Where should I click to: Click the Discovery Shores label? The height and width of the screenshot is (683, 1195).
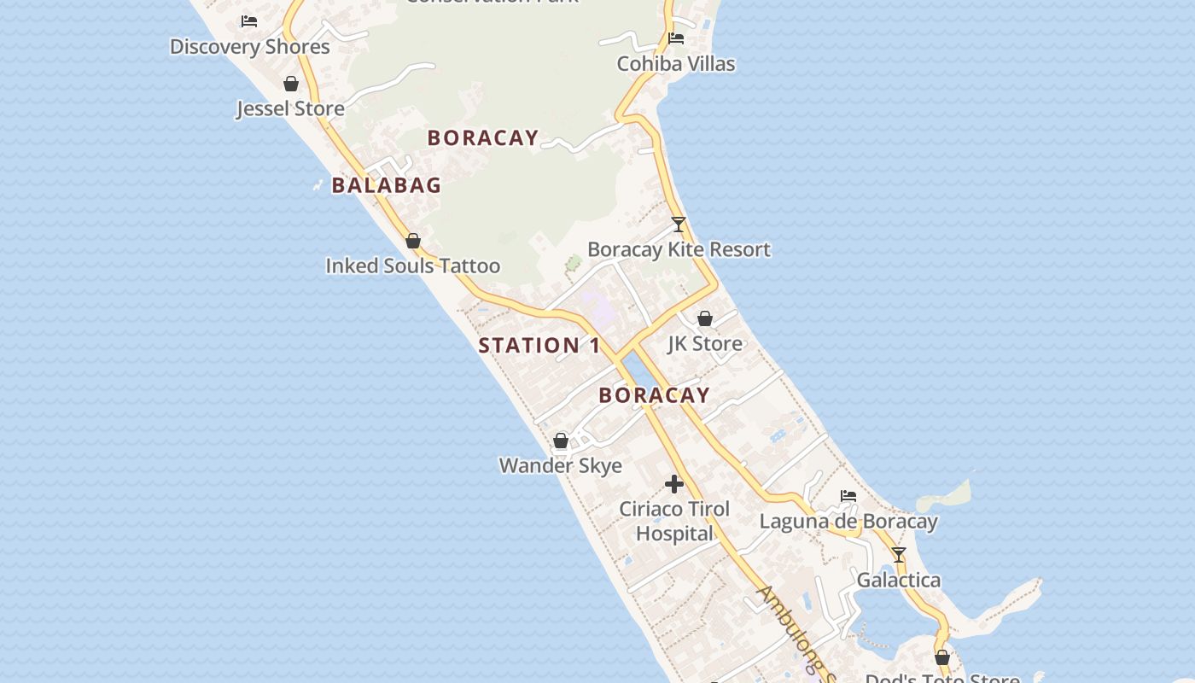pyautogui.click(x=249, y=47)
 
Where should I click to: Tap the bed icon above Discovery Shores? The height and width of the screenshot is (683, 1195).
pyautogui.click(x=249, y=20)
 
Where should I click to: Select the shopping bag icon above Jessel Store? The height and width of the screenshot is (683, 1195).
pyautogui.click(x=291, y=84)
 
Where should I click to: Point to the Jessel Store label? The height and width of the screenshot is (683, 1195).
pyautogui.click(x=290, y=109)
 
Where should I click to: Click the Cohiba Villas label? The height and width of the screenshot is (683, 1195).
pyautogui.click(x=676, y=64)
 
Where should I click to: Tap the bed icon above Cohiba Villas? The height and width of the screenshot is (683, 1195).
pyautogui.click(x=676, y=38)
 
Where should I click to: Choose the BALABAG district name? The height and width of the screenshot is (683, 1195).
pyautogui.click(x=387, y=185)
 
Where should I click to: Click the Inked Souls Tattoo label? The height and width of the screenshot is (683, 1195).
pyautogui.click(x=412, y=266)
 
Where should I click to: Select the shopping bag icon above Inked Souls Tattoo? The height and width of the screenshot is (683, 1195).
pyautogui.click(x=413, y=242)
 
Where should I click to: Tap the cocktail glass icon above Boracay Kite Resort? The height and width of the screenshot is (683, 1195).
pyautogui.click(x=679, y=225)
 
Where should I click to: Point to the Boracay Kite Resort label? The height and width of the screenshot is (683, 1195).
pyautogui.click(x=679, y=250)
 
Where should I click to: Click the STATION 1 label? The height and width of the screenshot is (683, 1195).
pyautogui.click(x=539, y=346)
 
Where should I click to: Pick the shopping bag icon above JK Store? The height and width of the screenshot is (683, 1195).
pyautogui.click(x=705, y=318)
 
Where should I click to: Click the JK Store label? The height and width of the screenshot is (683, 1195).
pyautogui.click(x=705, y=344)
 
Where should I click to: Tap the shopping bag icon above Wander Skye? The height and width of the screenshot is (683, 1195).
pyautogui.click(x=561, y=441)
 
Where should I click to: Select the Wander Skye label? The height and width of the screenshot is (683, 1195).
pyautogui.click(x=561, y=466)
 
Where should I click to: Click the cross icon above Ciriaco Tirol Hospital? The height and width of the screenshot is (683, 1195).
pyautogui.click(x=674, y=484)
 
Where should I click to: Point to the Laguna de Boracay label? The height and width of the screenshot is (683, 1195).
pyautogui.click(x=848, y=522)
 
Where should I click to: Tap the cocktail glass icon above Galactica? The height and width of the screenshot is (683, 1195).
pyautogui.click(x=899, y=555)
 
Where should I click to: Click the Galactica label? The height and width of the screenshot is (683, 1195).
pyautogui.click(x=899, y=581)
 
